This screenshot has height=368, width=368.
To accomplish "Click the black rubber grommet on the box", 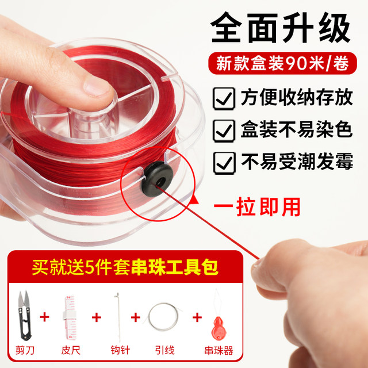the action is tap(158, 179).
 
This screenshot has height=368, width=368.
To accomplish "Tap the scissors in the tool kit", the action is tap(24, 315).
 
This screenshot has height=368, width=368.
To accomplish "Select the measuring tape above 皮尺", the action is tap(70, 317).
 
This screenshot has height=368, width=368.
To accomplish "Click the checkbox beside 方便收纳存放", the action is tap(224, 98).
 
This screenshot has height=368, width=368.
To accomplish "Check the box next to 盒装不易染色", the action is tap(224, 131).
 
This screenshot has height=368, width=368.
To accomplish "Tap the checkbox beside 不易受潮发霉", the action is tap(224, 163).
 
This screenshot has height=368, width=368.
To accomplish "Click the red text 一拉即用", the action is tap(257, 207).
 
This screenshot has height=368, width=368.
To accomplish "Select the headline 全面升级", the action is tap(281, 28).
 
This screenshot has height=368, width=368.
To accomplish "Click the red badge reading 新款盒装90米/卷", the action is tap(282, 63).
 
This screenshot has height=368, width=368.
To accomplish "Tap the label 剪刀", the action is tap(25, 350).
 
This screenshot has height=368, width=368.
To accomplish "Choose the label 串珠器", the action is tap(218, 351).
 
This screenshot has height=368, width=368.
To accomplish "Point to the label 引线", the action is tap(165, 350).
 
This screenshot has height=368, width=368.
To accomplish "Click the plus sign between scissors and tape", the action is tap(44, 317).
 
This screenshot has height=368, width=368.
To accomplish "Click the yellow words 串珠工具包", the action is tap(175, 267).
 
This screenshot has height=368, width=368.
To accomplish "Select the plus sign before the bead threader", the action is tap(197, 317).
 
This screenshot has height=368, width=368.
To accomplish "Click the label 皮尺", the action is tap(71, 350).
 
